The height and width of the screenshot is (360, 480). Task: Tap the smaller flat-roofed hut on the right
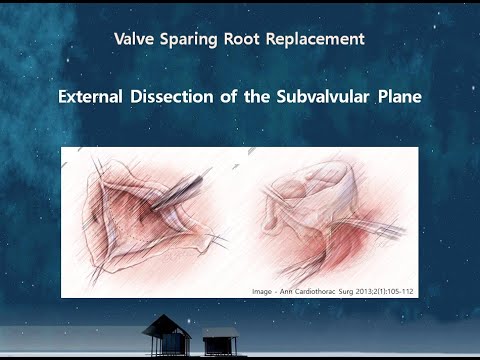tap(221, 340)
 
